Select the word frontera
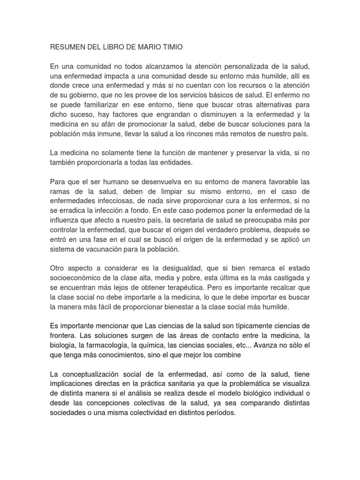(63, 336)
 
